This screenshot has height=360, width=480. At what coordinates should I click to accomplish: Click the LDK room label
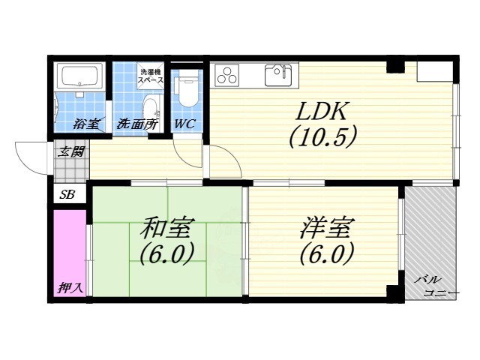click(320, 112)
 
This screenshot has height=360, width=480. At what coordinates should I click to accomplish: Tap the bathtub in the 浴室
click(80, 77)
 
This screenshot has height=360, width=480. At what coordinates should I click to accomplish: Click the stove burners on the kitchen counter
click(226, 74)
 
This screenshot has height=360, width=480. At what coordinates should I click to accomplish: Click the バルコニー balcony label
click(432, 286)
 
